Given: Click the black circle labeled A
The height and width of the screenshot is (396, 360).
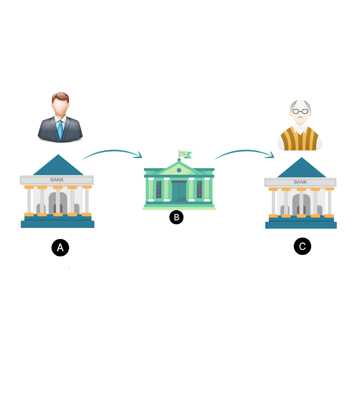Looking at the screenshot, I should pos(60,248).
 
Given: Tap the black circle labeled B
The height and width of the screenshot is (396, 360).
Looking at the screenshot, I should pos(176,217).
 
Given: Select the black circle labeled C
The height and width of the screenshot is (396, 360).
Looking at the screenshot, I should pos(302,247).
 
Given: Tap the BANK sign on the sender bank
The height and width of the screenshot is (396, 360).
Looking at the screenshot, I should pos(57,180).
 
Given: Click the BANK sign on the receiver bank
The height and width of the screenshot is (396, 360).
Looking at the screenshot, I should pos(300,182).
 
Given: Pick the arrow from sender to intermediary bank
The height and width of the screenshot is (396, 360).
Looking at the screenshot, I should pos(112,154).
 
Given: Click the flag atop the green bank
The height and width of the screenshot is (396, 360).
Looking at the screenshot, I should pos(184,153).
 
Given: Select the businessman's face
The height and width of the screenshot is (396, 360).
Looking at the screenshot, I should pos(60,108).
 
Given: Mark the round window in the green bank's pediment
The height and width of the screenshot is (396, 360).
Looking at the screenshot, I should pos(179,170).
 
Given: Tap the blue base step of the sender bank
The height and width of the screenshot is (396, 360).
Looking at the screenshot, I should pos(58,224).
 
